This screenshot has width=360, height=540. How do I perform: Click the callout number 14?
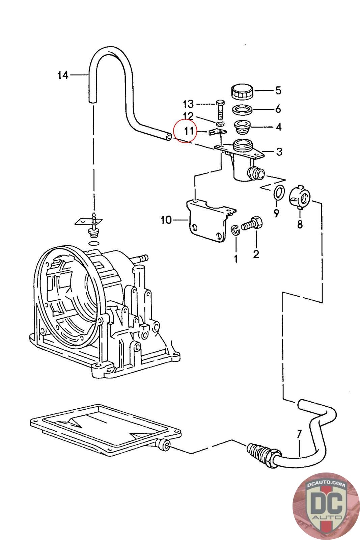tap(63, 75)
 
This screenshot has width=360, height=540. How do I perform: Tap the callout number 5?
tap(278, 90)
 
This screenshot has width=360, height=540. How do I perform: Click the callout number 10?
tap(166, 220)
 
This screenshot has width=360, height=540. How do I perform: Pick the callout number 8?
tap(300, 224)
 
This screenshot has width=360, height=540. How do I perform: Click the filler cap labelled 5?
tap(241, 91)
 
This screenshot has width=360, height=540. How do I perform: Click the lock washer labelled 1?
tap(235, 231)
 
